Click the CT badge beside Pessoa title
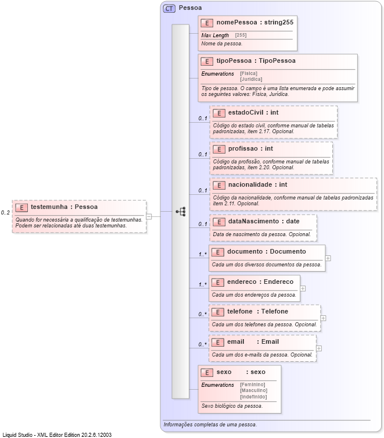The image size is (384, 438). pyautogui.click(x=170, y=8)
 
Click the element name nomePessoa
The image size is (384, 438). pyautogui.click(x=236, y=23)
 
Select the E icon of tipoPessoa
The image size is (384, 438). pyautogui.click(x=206, y=61)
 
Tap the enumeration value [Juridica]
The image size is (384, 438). pyautogui.click(x=251, y=79)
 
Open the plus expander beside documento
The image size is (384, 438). pyautogui.click(x=328, y=258)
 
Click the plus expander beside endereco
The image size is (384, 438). pyautogui.click(x=303, y=287)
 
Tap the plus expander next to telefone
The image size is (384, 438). pyautogui.click(x=324, y=318)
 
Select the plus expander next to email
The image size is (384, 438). pyautogui.click(x=319, y=348)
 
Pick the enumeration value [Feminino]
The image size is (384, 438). pyautogui.click(x=252, y=384)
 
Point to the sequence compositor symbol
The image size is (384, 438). pyautogui.click(x=181, y=212)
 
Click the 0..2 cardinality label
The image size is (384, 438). pyautogui.click(x=5, y=213)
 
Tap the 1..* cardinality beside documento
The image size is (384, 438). pyautogui.click(x=203, y=254)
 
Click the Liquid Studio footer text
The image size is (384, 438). pyautogui.click(x=57, y=435)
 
